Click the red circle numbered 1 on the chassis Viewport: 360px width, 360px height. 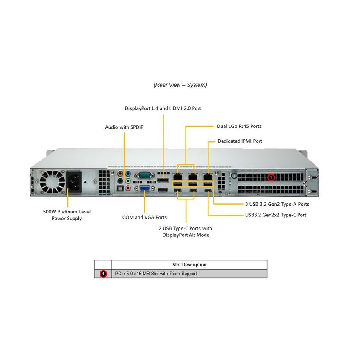click(271, 177)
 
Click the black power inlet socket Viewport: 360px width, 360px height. click(74, 183)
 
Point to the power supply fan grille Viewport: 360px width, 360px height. click(52, 182)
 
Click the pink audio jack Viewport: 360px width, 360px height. click(128, 188)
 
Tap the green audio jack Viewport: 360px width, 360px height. click(128, 181)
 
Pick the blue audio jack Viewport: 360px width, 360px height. click(128, 174)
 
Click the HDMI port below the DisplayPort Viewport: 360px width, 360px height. click(163, 190)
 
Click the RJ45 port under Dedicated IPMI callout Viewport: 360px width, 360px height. click(208, 177)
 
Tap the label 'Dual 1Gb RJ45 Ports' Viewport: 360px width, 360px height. click(239, 126)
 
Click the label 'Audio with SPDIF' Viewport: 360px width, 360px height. click(124, 127)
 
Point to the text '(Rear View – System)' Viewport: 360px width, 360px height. click(180, 85)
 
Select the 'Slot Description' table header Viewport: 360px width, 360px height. click(189, 265)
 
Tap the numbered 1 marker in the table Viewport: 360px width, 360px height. click(103, 274)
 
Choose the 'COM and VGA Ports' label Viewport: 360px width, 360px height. click(145, 217)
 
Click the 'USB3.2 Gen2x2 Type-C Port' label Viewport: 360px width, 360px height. click(276, 215)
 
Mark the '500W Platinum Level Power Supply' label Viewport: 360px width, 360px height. click(67, 215)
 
